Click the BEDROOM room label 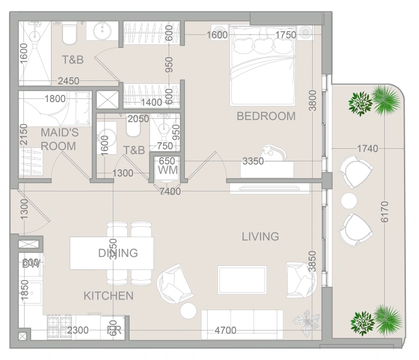point(266,116)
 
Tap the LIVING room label point(260,237)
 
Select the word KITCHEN point(108,296)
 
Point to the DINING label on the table point(118,253)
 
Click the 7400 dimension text point(170,191)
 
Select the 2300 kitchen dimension point(79,331)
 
